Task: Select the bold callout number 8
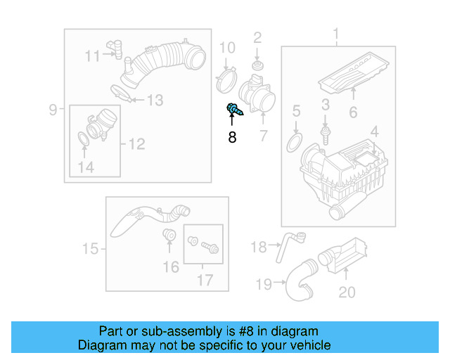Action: point(232,138)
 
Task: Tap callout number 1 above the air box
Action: point(335,34)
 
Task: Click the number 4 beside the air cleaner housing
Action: point(374,131)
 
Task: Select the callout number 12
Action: point(136,144)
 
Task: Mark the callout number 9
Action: point(53,109)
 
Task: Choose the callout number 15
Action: point(90,248)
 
